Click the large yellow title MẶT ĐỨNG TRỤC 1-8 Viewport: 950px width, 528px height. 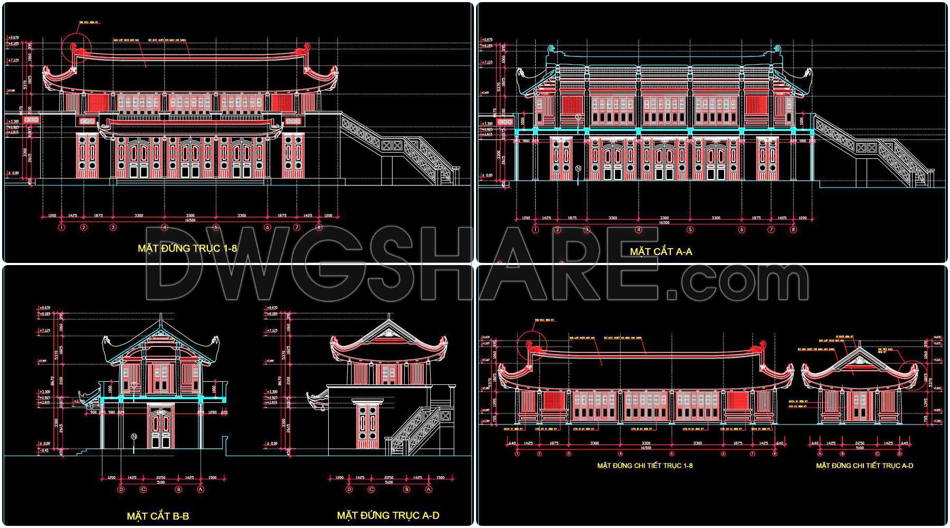187,248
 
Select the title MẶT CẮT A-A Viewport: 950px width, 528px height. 661,252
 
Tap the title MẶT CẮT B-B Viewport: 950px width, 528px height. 158,516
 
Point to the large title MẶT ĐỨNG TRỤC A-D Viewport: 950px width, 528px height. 388,515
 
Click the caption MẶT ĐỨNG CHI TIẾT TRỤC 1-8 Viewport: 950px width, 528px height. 644,466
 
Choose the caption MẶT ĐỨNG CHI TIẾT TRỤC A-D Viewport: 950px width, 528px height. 864,466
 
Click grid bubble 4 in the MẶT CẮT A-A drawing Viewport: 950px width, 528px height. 639,230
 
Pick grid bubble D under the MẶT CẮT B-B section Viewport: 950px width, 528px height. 121,489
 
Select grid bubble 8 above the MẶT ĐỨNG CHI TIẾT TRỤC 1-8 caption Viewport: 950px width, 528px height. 775,454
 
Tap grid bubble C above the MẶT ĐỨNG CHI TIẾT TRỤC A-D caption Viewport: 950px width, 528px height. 878,454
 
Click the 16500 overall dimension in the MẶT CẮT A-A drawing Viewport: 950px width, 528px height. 664,223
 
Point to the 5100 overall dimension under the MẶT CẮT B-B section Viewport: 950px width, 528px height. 160,483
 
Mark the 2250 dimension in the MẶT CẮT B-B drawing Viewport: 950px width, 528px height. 160,477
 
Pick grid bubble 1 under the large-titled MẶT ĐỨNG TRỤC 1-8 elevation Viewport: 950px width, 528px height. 62,228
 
